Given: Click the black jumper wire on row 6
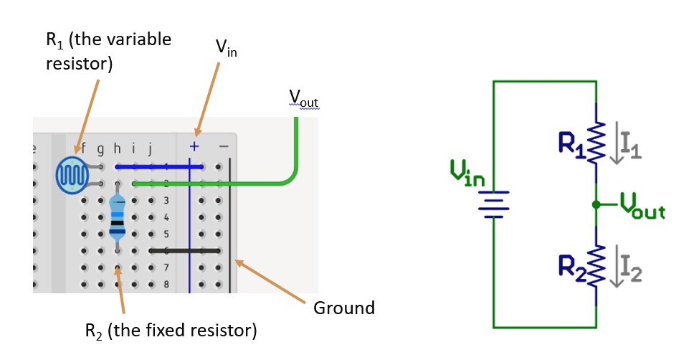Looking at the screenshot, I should [185, 250].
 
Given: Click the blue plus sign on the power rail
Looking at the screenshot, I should [194, 147].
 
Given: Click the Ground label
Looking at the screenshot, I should [344, 308].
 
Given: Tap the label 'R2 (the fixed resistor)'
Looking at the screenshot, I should [171, 331].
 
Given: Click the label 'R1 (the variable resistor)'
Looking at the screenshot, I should [108, 51].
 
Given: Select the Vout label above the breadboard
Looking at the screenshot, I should [303, 98].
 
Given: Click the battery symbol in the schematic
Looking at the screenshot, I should [493, 204].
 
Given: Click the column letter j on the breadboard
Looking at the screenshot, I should [151, 149].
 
